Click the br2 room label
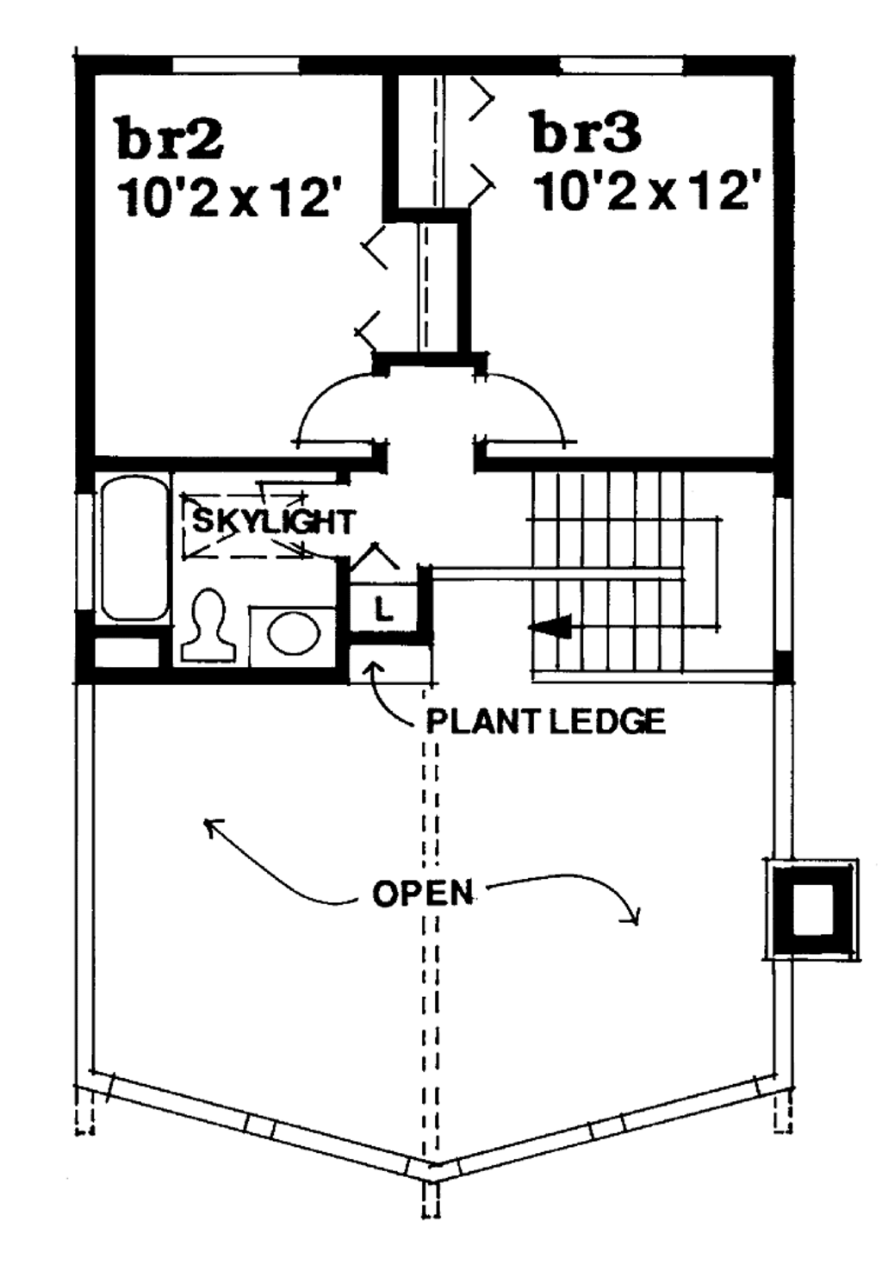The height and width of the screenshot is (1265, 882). pos(170,139)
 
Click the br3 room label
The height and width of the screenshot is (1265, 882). pos(587,133)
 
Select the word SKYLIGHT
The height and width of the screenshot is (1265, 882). pos(272,522)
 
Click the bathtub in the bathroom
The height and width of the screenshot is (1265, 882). pos(134,549)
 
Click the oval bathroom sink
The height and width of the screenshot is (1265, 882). pos(294,633)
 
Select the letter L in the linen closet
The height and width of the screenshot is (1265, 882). pos(384,610)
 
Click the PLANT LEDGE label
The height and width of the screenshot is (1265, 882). pos(546,720)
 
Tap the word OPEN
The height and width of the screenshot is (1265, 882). pos(422,894)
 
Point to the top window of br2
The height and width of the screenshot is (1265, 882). pos(237,65)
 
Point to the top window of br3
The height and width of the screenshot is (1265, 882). pos(621,65)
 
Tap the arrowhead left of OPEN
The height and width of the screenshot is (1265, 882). pos(209,825)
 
